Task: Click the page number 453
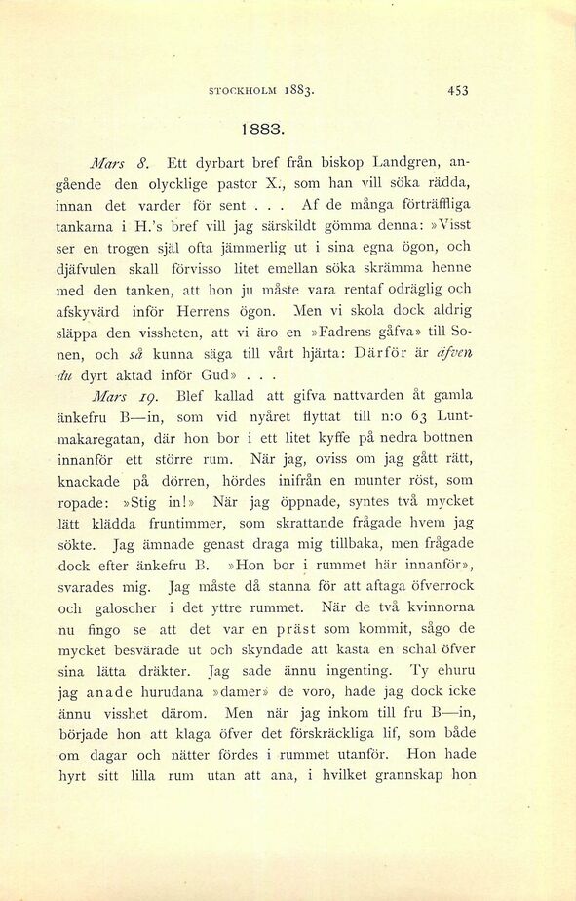point(458,90)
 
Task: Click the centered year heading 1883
point(263,128)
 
